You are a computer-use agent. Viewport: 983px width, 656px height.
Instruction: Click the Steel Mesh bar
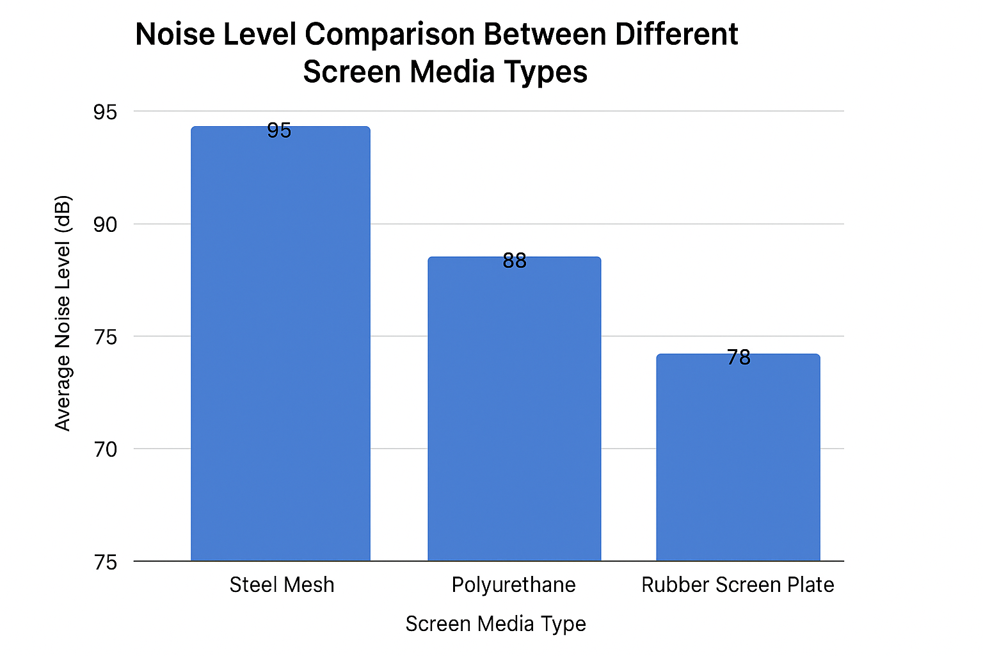point(280,346)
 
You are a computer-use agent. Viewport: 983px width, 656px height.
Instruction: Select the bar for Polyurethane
point(514,410)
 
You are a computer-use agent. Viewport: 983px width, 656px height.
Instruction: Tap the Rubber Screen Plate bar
point(738,458)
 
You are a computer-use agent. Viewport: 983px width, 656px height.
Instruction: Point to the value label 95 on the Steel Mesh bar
point(279,131)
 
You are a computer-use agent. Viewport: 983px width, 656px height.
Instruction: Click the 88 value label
point(515,261)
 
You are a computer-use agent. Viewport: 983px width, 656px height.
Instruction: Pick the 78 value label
point(739,357)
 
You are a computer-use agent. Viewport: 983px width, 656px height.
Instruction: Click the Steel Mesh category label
point(282,585)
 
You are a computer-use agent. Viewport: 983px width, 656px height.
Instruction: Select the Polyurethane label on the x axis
point(513,585)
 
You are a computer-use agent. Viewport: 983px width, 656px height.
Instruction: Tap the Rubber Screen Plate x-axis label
point(737,585)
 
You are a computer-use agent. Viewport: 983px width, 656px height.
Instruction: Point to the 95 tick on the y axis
point(106,112)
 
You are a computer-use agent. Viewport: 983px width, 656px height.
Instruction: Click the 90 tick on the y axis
point(106,225)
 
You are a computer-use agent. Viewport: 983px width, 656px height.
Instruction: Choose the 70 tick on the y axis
point(106,449)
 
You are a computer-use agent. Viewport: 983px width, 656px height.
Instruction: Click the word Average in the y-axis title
point(63,398)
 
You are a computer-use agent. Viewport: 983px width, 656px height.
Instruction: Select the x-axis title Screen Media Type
point(495,624)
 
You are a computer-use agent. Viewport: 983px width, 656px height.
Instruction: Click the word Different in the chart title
point(676,35)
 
